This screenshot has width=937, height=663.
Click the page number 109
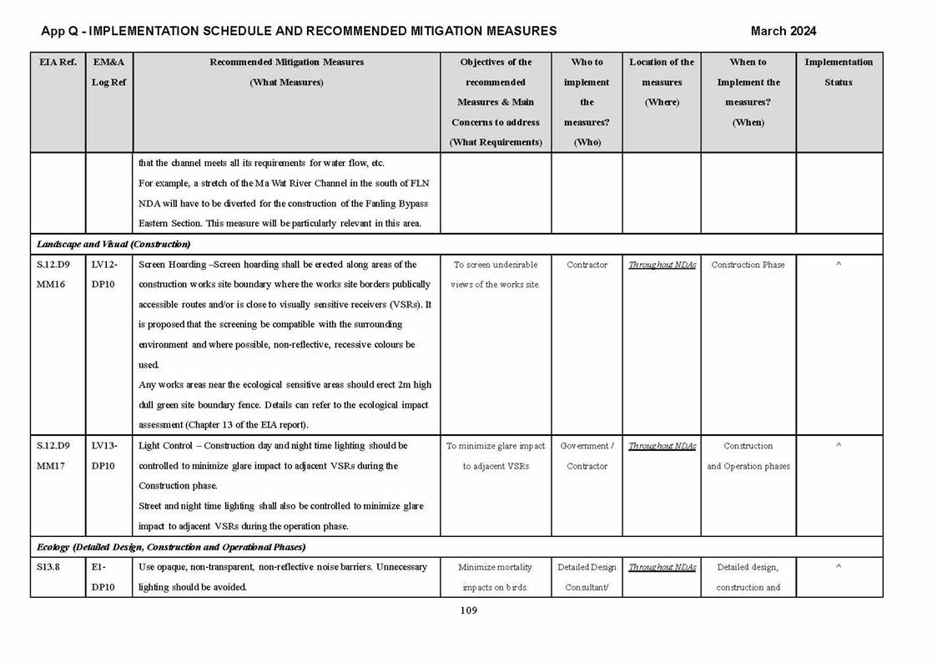468,610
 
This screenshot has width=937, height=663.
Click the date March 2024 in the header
783,31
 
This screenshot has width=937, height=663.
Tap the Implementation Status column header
838,72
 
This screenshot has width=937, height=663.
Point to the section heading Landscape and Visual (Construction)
113,245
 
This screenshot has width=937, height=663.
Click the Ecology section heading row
171,547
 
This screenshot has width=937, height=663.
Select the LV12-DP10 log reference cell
104,275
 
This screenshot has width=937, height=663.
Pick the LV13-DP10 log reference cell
104,456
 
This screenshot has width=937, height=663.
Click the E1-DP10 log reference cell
103,577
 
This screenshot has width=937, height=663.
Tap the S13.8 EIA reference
48,567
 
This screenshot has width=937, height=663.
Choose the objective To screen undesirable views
496,275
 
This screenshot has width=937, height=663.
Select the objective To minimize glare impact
496,456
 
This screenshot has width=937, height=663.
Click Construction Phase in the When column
748,265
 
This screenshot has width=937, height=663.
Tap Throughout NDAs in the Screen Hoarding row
662,265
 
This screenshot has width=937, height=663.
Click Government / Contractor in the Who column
587,456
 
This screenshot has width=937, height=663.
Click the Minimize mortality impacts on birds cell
496,577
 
